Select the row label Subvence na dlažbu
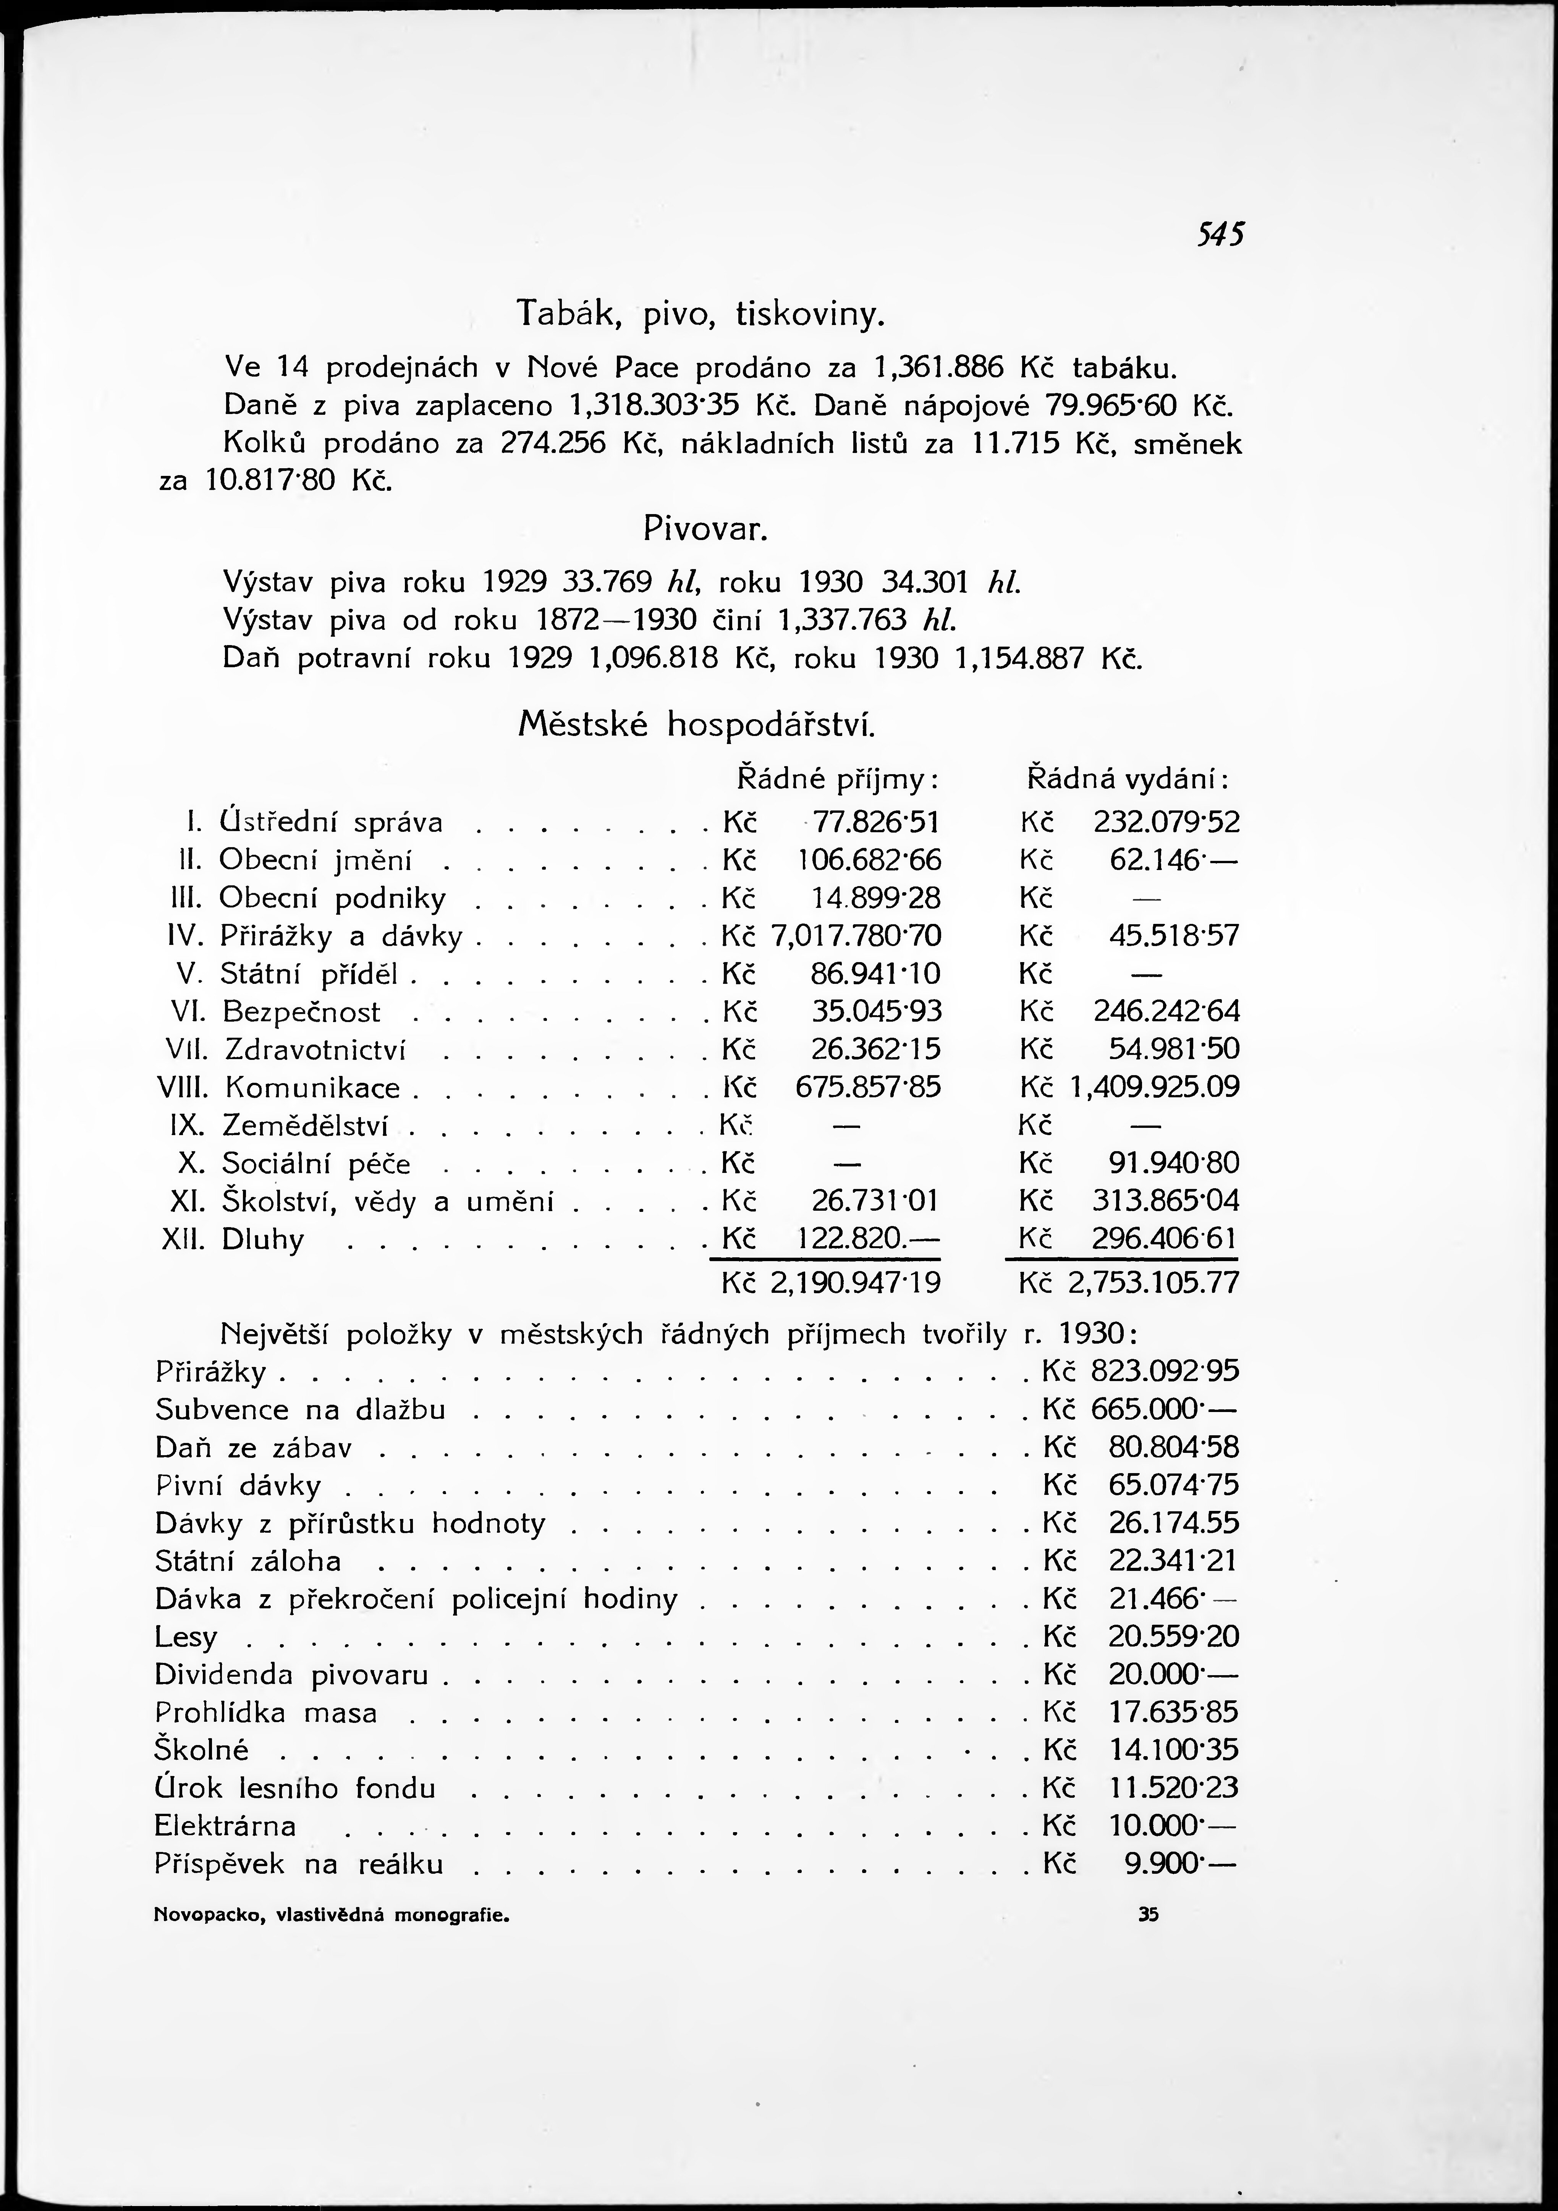pos(301,1410)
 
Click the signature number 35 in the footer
pos(1148,1915)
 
